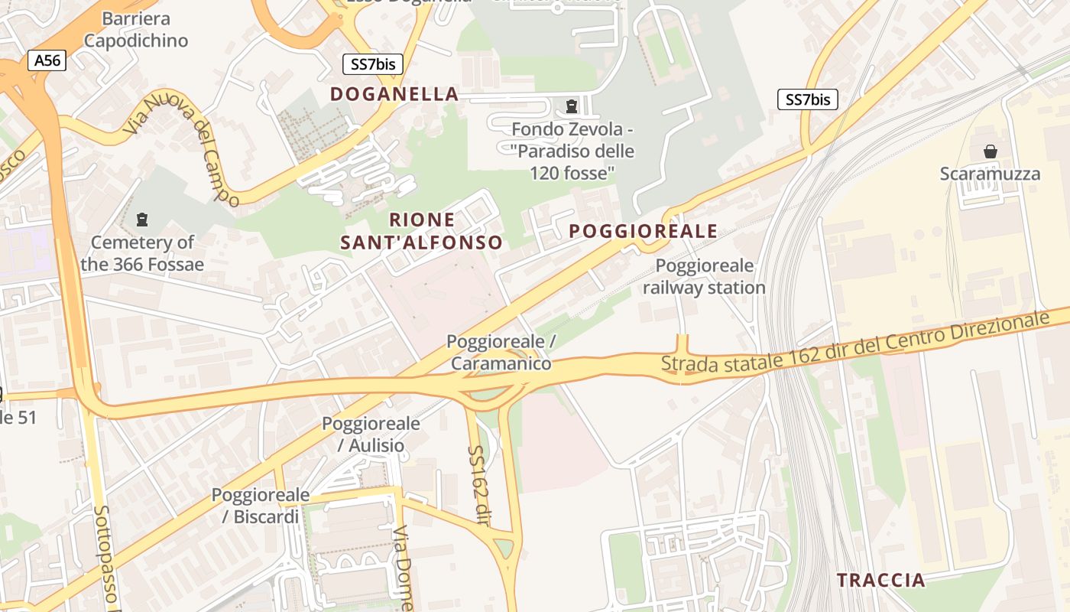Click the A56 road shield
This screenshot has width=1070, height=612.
pos(47,60)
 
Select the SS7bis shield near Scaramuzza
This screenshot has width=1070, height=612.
pos(808,99)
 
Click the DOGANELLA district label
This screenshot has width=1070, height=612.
pos(394,94)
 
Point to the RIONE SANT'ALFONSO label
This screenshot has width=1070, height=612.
pos(422,231)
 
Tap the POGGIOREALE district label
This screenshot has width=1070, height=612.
pos(643,231)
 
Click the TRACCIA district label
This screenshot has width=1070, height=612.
pos(880,580)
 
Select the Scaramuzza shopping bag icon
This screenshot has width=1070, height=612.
pos(991,151)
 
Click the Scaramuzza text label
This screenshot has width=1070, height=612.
pos(990,174)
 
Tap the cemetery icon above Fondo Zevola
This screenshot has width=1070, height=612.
pos(571,106)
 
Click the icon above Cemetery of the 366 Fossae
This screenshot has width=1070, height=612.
pos(141,220)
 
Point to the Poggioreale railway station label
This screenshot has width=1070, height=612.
pos(704,277)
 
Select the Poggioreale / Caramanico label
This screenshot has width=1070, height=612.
pos(501,352)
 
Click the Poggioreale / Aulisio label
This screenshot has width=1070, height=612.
pos(371,434)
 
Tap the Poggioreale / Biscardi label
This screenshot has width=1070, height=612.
pos(261,506)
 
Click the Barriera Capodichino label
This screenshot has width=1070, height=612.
pos(136,29)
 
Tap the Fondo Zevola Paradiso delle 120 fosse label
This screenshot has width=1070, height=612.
pos(572,151)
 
